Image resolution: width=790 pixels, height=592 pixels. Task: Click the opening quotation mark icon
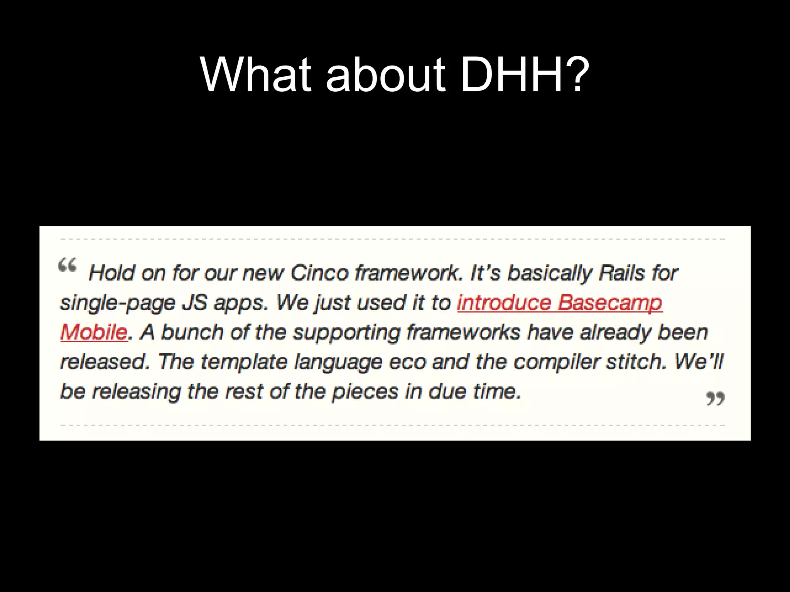(67, 266)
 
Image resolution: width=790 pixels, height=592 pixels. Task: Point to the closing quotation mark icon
(715, 399)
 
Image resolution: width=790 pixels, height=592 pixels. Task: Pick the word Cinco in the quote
(319, 273)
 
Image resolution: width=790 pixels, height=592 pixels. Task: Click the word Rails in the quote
(621, 273)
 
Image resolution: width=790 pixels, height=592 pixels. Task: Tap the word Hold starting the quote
(112, 273)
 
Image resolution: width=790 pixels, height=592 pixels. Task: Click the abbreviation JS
(194, 303)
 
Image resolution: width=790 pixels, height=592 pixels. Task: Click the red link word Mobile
(94, 332)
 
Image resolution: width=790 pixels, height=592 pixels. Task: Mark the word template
(244, 362)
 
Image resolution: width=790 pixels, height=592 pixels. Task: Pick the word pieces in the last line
(365, 392)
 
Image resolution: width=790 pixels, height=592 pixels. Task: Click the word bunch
(191, 332)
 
